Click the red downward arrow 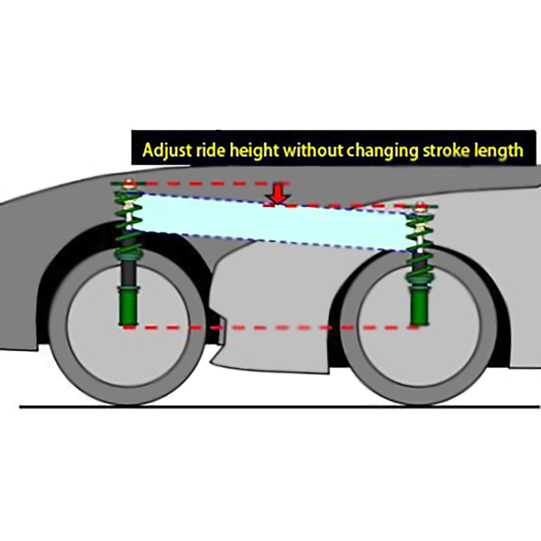coord(277,194)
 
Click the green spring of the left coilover coord(128,222)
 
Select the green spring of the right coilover coord(420,243)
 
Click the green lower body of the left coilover coord(129,306)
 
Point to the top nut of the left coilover coord(128,183)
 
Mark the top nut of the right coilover coord(420,206)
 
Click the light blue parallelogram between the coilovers coord(270,222)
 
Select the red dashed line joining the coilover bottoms coord(270,327)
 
